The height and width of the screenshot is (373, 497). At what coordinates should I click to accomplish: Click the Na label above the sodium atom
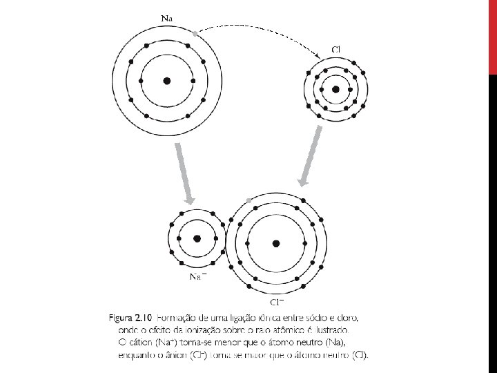[168, 14]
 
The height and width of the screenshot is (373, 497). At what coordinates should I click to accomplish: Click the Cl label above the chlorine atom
[336, 49]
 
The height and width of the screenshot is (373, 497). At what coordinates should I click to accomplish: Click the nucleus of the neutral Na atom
[167, 81]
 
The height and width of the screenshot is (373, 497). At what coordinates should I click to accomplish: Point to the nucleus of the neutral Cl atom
[335, 89]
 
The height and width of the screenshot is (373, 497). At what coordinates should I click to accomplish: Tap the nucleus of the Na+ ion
[197, 238]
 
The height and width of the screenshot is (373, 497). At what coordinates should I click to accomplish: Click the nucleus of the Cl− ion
[277, 243]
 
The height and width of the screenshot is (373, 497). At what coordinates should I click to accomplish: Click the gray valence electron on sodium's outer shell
[195, 32]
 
